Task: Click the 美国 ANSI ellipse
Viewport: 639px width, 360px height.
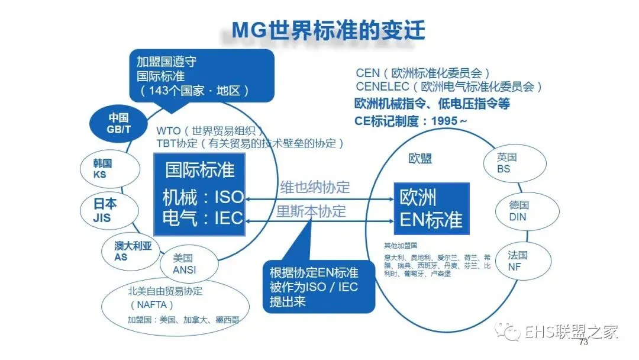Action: click(184, 264)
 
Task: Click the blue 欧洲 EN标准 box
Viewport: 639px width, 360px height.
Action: click(431, 209)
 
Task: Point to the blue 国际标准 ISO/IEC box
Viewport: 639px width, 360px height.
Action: click(199, 194)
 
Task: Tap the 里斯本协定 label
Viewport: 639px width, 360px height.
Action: click(311, 212)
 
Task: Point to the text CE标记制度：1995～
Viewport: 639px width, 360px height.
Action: click(411, 120)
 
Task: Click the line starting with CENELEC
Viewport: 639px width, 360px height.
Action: click(449, 87)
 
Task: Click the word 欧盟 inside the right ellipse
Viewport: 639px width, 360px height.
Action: click(420, 159)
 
